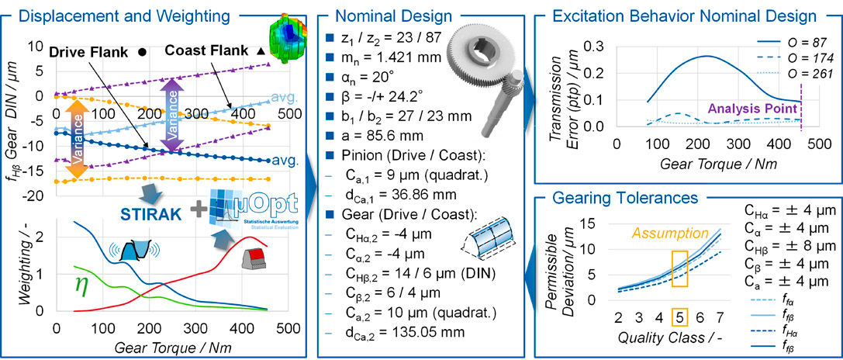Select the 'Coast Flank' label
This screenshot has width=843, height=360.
tap(207, 51)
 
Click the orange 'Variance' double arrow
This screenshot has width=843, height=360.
tap(77, 140)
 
